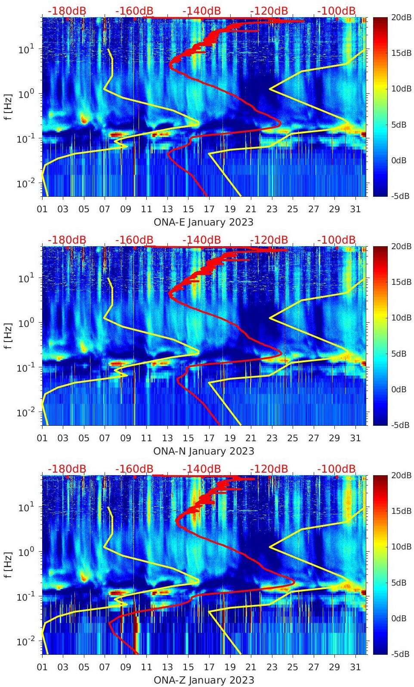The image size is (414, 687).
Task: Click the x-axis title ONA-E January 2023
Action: (203, 222)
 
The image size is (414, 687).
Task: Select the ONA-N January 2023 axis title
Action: (203, 451)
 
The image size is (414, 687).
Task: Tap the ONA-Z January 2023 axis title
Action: (203, 680)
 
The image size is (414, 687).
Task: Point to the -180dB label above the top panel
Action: (67, 11)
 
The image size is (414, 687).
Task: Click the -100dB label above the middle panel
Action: (337, 240)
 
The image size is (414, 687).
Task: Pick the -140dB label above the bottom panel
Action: (201, 469)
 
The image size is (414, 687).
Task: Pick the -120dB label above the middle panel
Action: (269, 240)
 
